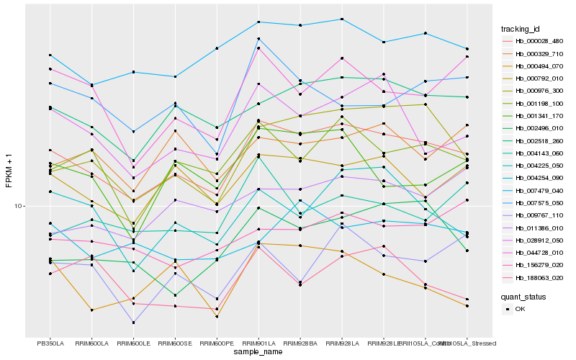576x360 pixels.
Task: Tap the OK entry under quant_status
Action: click(x=520, y=308)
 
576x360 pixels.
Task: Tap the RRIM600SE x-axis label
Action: click(x=175, y=343)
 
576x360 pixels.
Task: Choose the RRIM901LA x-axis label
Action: click(x=258, y=343)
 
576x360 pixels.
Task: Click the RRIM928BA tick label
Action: click(x=300, y=343)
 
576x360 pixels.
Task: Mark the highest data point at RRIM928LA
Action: click(x=342, y=19)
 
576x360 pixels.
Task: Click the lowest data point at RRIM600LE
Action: click(x=133, y=323)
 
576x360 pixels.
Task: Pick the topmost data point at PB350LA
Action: click(x=50, y=55)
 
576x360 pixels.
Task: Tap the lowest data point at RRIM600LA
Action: click(x=91, y=310)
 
